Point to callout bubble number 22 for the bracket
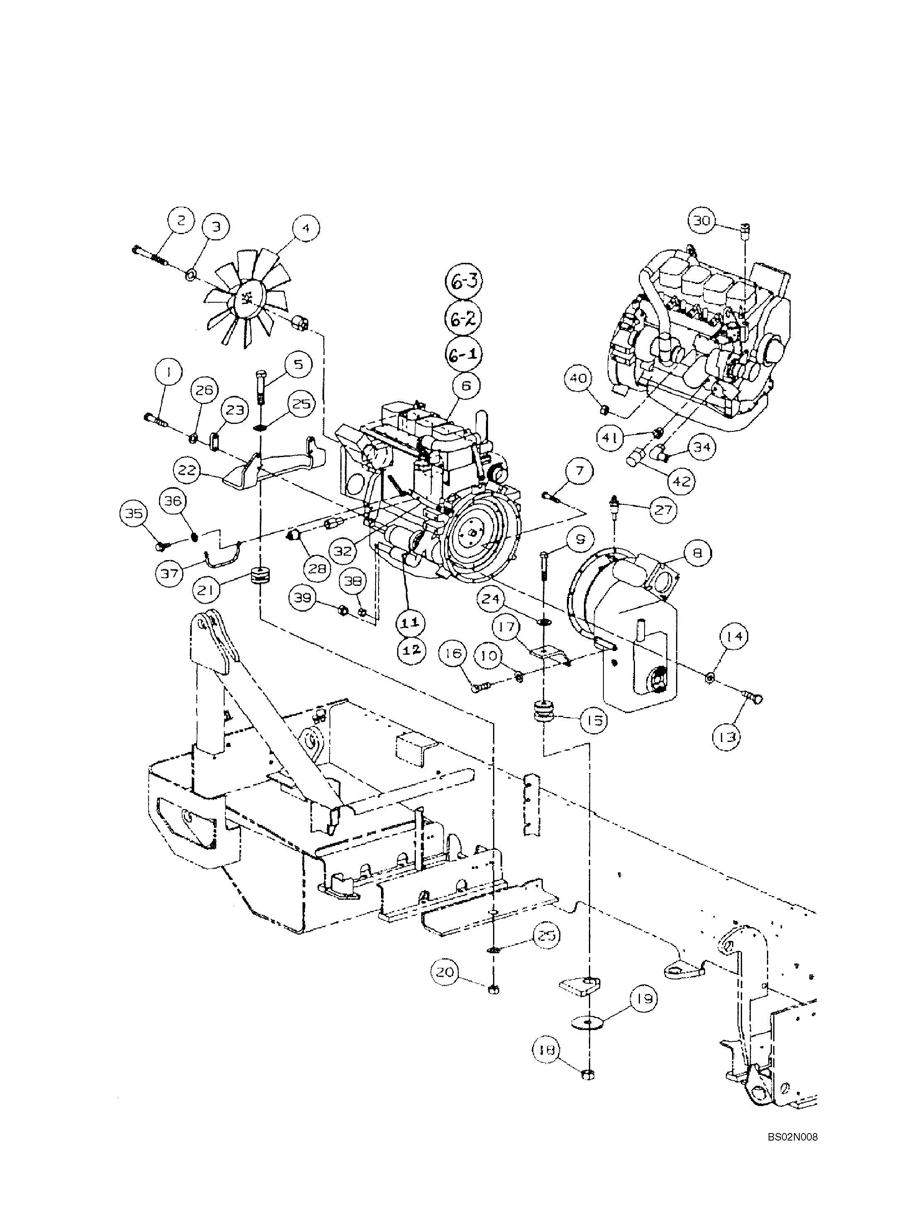point(187,470)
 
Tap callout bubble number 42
point(681,482)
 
